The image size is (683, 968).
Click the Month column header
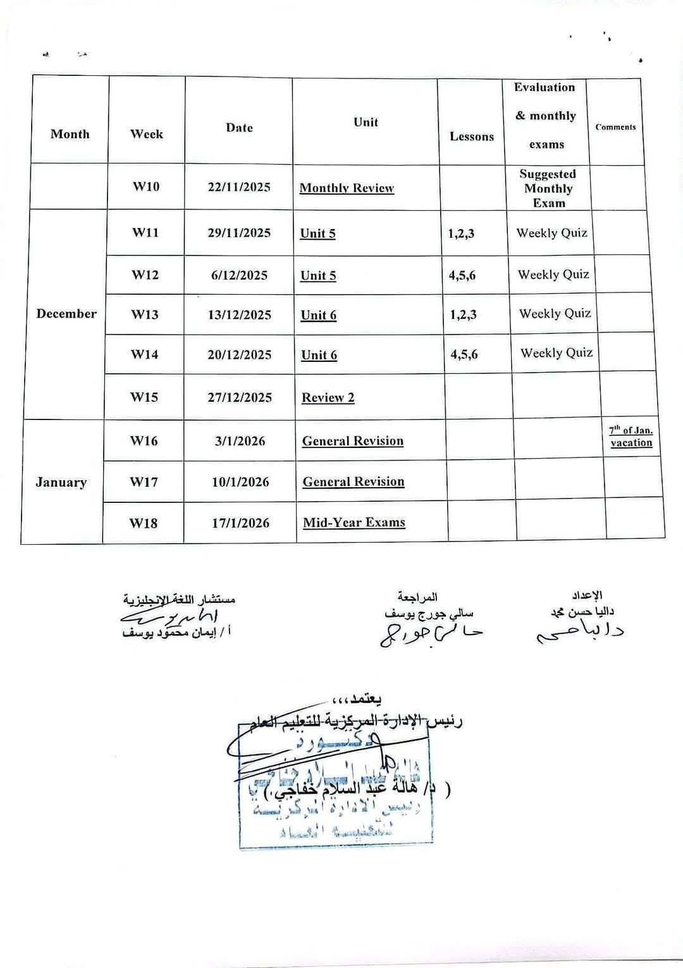coord(70,134)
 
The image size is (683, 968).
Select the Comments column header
coord(615,127)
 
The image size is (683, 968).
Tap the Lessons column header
coord(472,137)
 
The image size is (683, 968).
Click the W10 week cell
coord(146,187)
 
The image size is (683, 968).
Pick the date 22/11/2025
coord(239,187)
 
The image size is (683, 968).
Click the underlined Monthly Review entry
coord(347,188)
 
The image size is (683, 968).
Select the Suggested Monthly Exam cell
coord(548,188)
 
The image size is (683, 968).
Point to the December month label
coord(66,314)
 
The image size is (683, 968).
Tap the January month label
coord(61,482)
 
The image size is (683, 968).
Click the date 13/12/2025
coord(240,315)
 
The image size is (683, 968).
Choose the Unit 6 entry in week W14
coord(319,355)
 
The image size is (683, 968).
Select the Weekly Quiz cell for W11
coord(551,233)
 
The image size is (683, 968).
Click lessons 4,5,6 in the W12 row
coord(462,275)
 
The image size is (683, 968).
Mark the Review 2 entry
coord(328,397)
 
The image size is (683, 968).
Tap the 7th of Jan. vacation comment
coord(631,437)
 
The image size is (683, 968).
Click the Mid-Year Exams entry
coord(354,523)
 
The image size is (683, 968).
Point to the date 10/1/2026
coord(240,482)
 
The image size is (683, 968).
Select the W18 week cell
coord(144,523)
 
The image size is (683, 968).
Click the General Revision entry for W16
coord(352,441)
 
